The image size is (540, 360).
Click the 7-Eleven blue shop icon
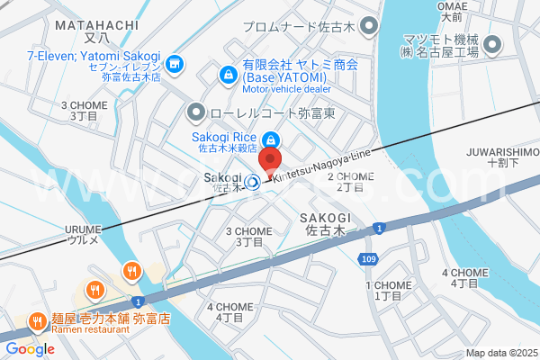(175, 63)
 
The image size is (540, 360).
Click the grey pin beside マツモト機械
(492, 44)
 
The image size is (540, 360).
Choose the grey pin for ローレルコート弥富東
(194, 113)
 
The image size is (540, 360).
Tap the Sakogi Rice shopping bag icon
(270, 139)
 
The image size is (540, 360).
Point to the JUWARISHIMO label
(502, 157)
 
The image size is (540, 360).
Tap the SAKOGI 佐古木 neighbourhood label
(325, 224)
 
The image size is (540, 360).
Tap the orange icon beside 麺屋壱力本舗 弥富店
(36, 319)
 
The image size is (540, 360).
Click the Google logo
(30, 348)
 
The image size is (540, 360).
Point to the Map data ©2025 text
(500, 353)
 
